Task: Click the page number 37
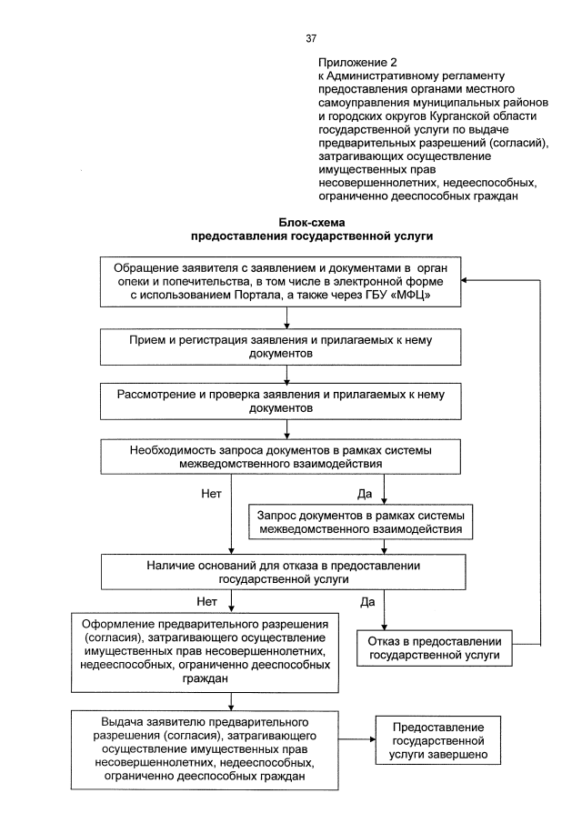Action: tap(311, 38)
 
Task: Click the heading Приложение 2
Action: tap(357, 62)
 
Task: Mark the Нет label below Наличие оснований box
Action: tap(207, 601)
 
